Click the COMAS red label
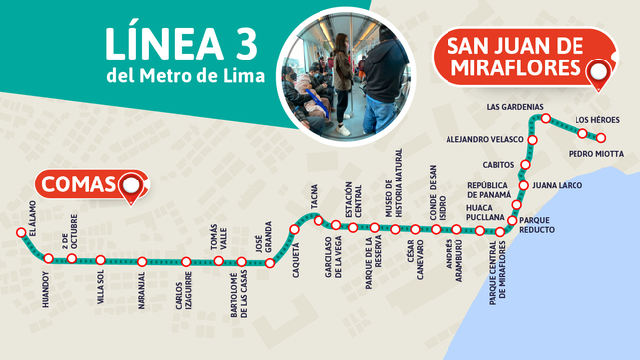coord(77,185)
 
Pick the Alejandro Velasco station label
coord(483,140)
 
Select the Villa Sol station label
coord(100,289)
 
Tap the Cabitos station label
coord(498,164)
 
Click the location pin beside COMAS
coord(131,185)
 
